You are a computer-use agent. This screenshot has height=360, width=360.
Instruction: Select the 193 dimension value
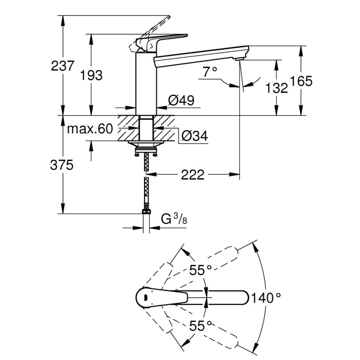[91, 75]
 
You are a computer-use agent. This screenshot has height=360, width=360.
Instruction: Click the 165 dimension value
[301, 81]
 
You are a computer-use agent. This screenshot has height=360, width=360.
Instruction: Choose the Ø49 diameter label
[181, 100]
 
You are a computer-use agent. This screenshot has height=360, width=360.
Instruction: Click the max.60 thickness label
[90, 129]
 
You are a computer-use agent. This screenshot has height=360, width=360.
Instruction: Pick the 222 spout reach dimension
[192, 175]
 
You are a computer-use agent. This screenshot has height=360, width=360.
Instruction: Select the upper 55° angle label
[201, 270]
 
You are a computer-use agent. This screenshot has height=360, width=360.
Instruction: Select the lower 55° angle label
[201, 326]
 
